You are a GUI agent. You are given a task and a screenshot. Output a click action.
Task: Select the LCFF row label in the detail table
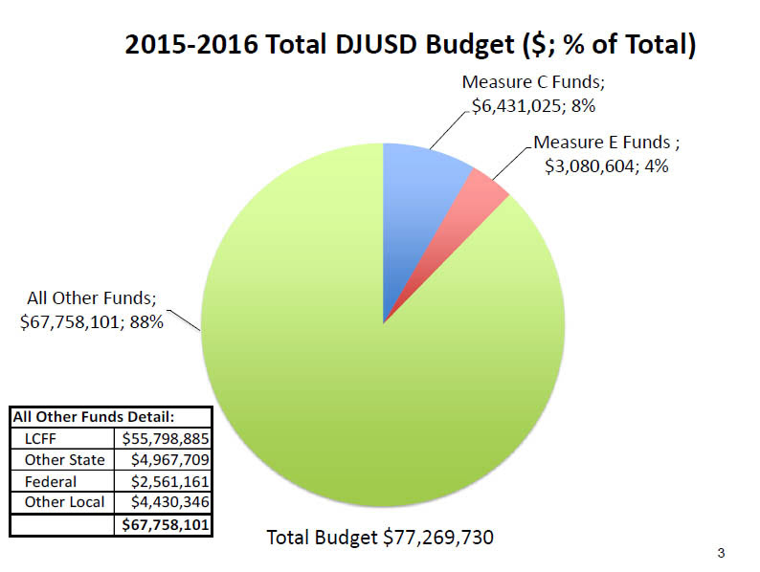click(x=42, y=439)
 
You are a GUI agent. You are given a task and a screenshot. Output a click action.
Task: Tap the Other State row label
click(x=65, y=460)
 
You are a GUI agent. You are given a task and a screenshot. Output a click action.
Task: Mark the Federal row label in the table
click(x=52, y=482)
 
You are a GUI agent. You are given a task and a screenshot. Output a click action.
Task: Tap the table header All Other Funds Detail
click(x=94, y=418)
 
